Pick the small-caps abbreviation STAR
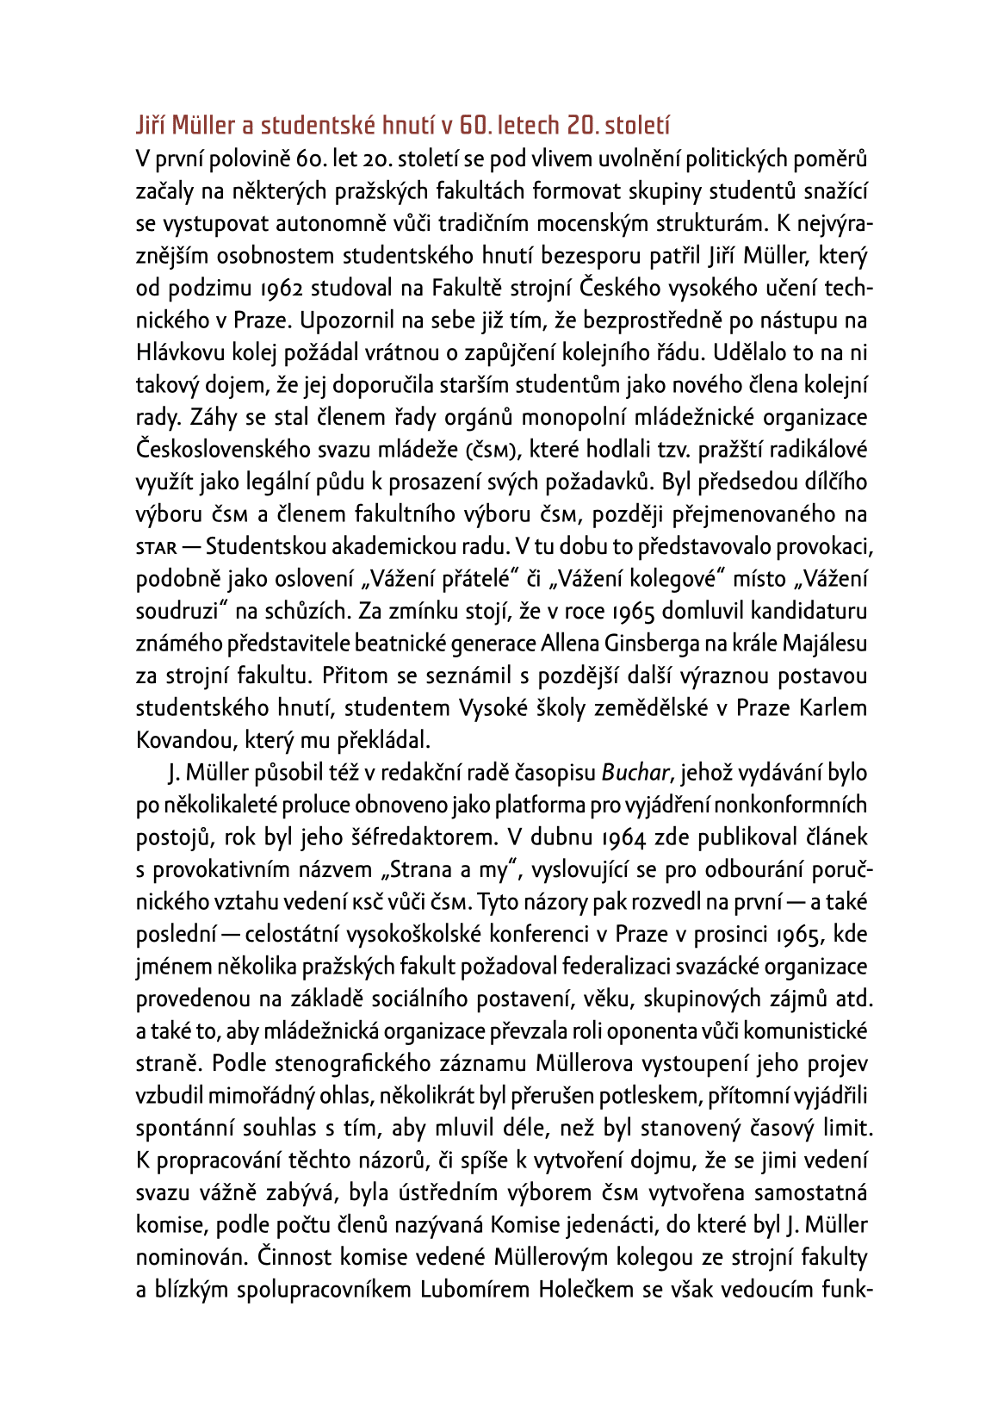pyautogui.click(x=156, y=548)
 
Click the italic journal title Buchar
pyautogui.click(x=635, y=773)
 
